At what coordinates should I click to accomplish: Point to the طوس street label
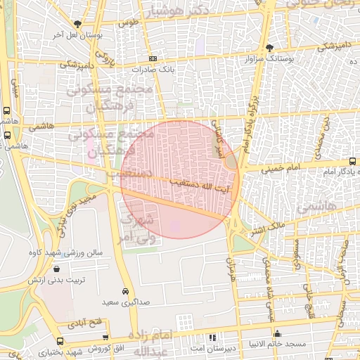coord(127,22)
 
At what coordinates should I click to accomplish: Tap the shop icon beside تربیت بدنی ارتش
coord(56,269)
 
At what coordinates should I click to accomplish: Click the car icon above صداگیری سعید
coord(125,291)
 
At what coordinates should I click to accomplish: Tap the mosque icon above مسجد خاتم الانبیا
coord(278,334)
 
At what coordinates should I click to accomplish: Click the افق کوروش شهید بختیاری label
coord(71,350)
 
